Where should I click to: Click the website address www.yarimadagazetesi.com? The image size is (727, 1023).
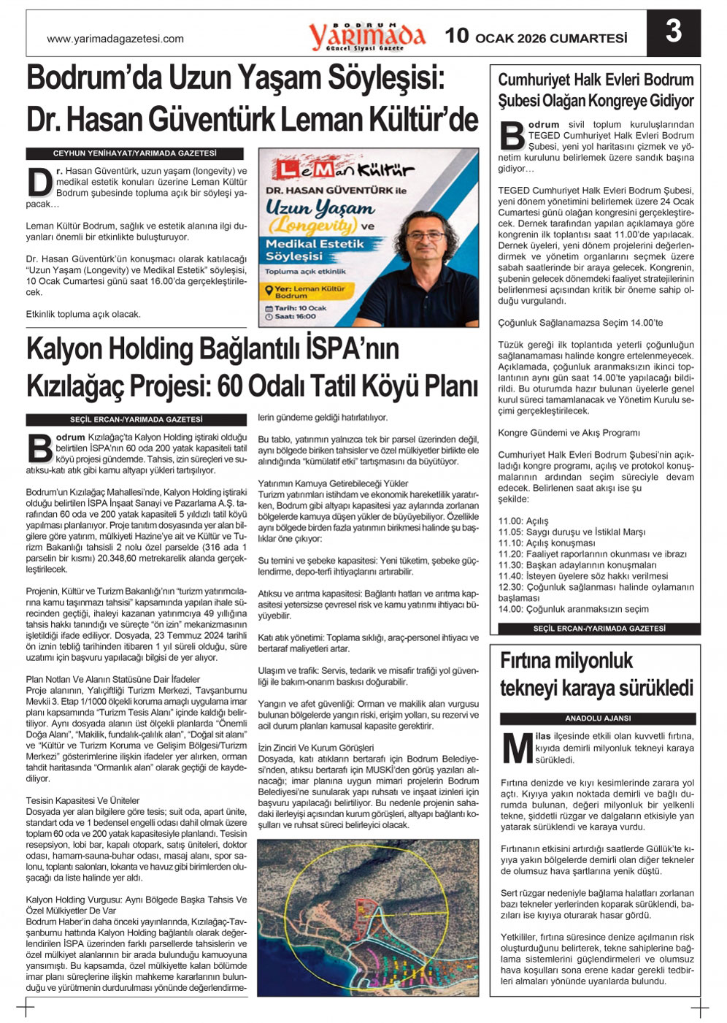[115, 39]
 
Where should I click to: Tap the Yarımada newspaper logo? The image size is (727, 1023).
[366, 35]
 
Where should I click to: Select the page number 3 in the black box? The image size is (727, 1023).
[673, 32]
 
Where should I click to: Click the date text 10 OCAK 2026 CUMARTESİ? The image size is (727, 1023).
[536, 37]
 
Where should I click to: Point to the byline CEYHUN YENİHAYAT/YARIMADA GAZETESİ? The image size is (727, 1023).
[135, 153]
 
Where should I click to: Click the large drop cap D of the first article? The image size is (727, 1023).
[39, 182]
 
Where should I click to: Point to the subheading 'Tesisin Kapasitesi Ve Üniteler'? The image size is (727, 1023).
[82, 801]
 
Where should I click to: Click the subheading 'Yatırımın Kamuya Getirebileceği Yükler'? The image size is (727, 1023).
[333, 483]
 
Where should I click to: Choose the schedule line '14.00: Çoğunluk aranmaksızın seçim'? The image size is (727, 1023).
[573, 609]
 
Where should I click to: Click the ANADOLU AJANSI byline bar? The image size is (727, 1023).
[598, 719]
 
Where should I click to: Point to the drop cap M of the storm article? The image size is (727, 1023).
[518, 748]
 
